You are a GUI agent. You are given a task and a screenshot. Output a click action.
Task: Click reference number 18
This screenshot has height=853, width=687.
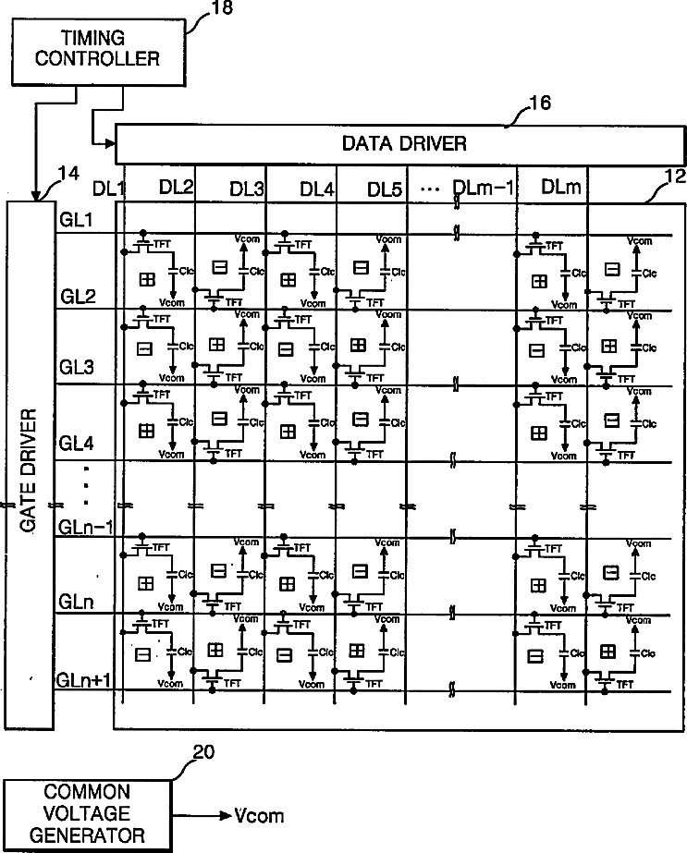click(x=222, y=8)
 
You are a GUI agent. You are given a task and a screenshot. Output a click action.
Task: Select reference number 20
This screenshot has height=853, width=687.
click(x=203, y=753)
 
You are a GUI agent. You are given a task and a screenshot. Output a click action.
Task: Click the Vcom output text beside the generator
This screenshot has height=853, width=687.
click(x=259, y=816)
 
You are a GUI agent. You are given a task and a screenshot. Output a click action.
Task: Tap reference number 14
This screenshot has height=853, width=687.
click(x=67, y=172)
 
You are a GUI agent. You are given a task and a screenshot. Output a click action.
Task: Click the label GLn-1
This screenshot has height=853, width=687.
click(x=85, y=527)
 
